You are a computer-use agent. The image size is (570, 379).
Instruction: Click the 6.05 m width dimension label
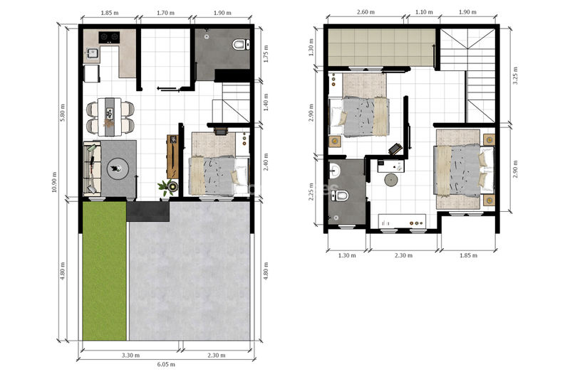166,364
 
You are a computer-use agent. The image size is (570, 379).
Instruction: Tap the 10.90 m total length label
55,182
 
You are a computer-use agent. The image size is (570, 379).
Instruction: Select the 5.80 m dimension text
63,112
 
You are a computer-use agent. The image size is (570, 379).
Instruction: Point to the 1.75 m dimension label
266,53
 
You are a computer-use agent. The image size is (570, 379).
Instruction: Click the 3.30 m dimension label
130,355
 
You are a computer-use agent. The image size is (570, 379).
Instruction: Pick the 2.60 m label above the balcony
366,12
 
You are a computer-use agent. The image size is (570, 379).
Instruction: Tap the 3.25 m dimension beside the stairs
514,75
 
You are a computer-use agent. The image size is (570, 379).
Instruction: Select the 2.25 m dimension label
311,191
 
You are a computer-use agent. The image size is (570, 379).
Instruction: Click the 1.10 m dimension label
424,12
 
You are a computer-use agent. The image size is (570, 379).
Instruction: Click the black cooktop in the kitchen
109,37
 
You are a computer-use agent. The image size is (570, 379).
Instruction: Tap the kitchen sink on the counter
92,53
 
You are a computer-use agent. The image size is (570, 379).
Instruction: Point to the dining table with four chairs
110,117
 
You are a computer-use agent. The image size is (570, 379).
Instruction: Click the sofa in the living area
92,169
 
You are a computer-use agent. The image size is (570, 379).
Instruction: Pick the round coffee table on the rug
117,169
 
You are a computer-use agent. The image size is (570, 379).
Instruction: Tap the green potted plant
165,188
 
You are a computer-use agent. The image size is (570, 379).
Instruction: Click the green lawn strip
105,270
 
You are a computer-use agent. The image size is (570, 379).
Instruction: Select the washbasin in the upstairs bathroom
334,171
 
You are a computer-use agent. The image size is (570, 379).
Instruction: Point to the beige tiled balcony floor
382,48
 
